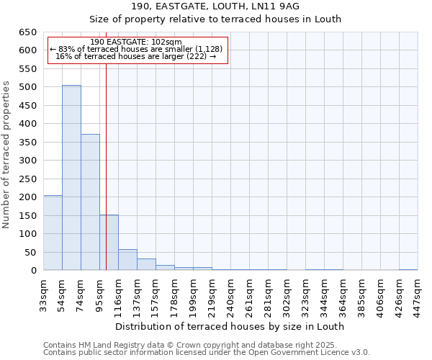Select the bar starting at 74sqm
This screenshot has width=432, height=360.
tap(90, 202)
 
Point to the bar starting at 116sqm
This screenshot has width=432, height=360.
tap(127, 260)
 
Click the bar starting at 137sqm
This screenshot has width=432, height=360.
tap(146, 264)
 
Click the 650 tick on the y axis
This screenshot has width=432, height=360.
tap(27, 32)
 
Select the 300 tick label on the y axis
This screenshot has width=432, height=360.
tap(27, 161)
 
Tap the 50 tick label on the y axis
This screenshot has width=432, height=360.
tap(30, 253)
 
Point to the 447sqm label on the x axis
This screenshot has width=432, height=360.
tap(418, 294)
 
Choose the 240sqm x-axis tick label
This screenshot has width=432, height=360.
tap(230, 294)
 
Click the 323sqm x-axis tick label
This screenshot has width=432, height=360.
tap(305, 294)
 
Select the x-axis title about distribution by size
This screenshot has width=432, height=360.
tap(230, 326)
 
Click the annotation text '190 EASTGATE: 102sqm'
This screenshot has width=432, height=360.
tap(137, 42)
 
